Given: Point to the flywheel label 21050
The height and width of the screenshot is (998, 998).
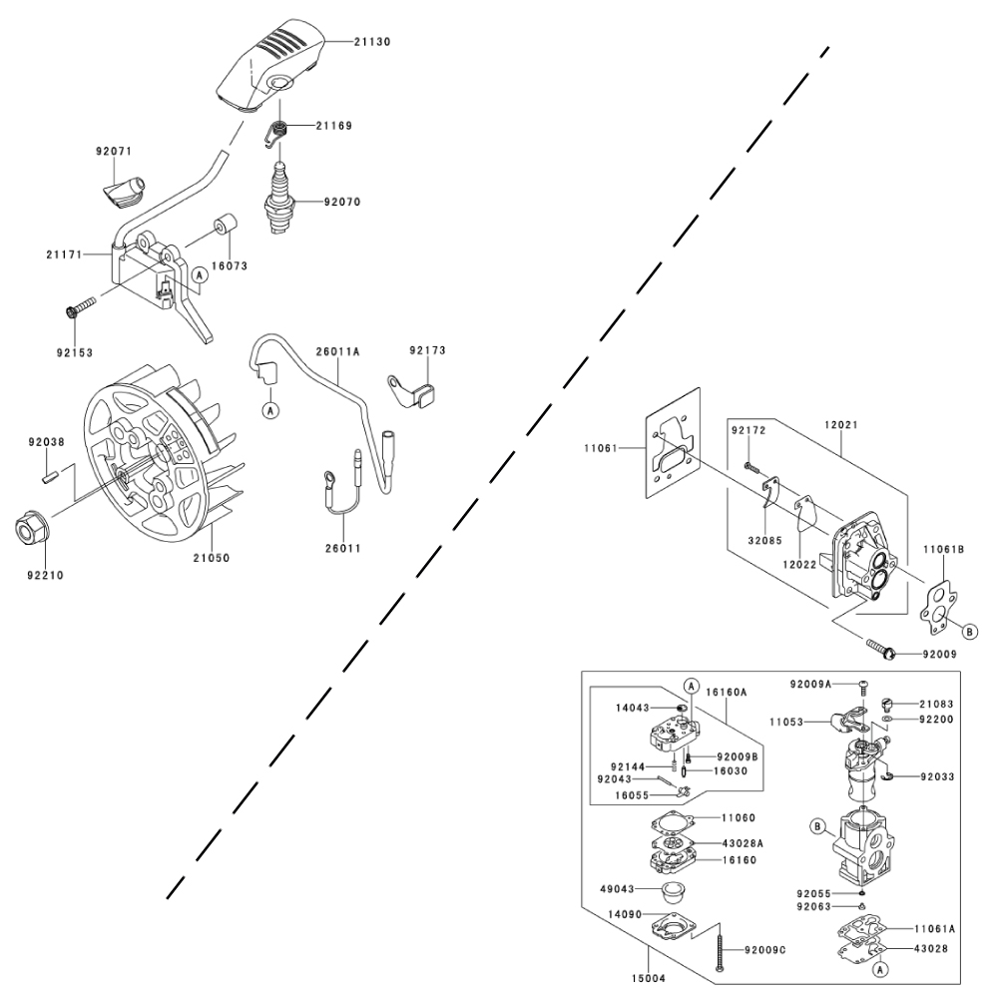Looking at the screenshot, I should (x=212, y=558).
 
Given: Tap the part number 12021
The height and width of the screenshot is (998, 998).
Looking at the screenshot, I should (x=841, y=424).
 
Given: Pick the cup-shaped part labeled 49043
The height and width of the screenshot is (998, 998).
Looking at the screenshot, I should (x=675, y=889).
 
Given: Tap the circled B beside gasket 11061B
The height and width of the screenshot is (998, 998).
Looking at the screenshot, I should (x=968, y=630).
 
